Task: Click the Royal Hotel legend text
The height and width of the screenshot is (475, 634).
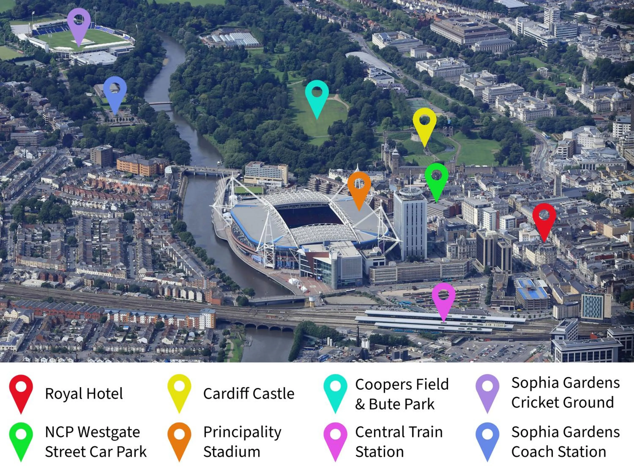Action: point(84,394)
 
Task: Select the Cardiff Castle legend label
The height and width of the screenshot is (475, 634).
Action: point(249,394)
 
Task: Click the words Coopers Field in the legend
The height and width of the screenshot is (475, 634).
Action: point(402,384)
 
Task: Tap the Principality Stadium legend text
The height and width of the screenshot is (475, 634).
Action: point(242,441)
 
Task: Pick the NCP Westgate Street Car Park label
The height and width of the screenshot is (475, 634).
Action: point(96,441)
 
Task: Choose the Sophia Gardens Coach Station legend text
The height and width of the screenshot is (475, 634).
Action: point(565,441)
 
